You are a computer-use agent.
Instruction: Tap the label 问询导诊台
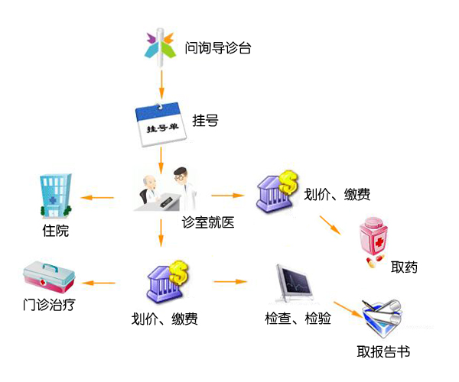pyautogui.click(x=217, y=48)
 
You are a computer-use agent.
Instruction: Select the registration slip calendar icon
pyautogui.click(x=161, y=121)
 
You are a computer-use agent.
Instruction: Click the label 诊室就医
pyautogui.click(x=207, y=222)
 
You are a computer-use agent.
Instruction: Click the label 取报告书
pyautogui.click(x=383, y=352)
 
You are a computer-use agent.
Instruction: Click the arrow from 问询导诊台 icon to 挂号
pyautogui.click(x=161, y=81)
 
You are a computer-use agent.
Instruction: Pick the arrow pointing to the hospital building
pyautogui.click(x=97, y=199)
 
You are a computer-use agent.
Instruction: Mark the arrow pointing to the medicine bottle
pyautogui.click(x=330, y=224)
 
